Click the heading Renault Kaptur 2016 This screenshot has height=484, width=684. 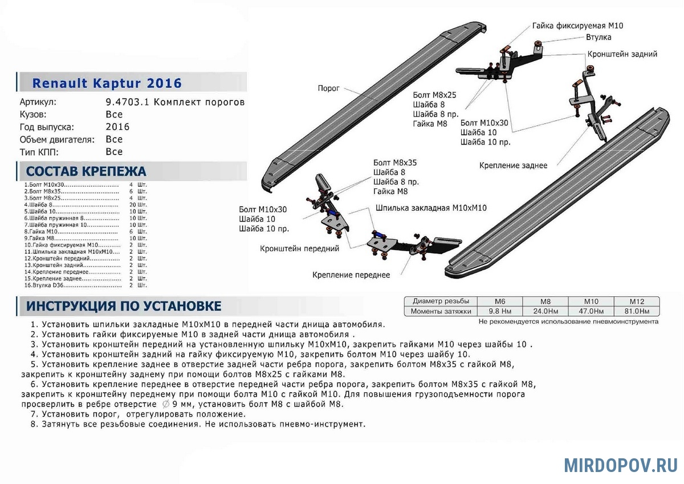107,83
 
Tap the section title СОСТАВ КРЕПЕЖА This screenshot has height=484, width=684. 86,171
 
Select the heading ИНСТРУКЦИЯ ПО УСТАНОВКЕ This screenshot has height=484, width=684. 124,306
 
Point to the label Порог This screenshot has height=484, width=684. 329,88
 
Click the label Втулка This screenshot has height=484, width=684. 598,37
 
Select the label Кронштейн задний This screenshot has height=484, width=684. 622,54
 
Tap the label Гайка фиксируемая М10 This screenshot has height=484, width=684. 578,26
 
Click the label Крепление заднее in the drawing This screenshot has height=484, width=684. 513,166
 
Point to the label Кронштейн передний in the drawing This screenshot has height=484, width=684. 300,249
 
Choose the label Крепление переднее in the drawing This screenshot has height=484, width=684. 351,275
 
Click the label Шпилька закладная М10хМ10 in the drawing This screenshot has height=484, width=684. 431,208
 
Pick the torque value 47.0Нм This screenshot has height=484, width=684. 591,312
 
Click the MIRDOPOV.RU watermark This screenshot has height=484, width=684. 621,465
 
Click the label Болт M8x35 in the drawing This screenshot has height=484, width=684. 395,163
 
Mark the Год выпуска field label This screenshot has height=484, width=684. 47,127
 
